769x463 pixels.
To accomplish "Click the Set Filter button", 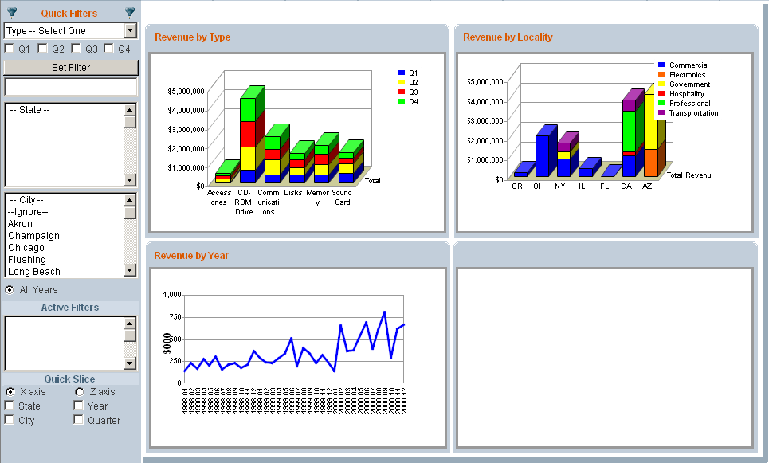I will pos(71,68).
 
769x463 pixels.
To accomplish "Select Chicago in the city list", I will pos(27,248).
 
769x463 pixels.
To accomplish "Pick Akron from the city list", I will pos(21,224).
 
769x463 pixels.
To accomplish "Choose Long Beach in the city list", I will pos(34,272).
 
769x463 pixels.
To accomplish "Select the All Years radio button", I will pos(10,289).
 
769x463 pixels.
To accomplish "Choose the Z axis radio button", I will pos(80,392).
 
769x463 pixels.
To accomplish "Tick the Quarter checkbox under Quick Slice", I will pos(79,420).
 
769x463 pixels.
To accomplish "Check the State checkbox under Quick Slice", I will pos(10,406).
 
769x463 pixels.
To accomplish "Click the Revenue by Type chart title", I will pos(193,37).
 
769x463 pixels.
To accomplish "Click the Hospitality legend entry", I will pos(688,94).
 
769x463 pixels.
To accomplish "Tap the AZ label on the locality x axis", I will pos(647,186).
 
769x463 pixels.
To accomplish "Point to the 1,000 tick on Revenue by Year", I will pos(172,295).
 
